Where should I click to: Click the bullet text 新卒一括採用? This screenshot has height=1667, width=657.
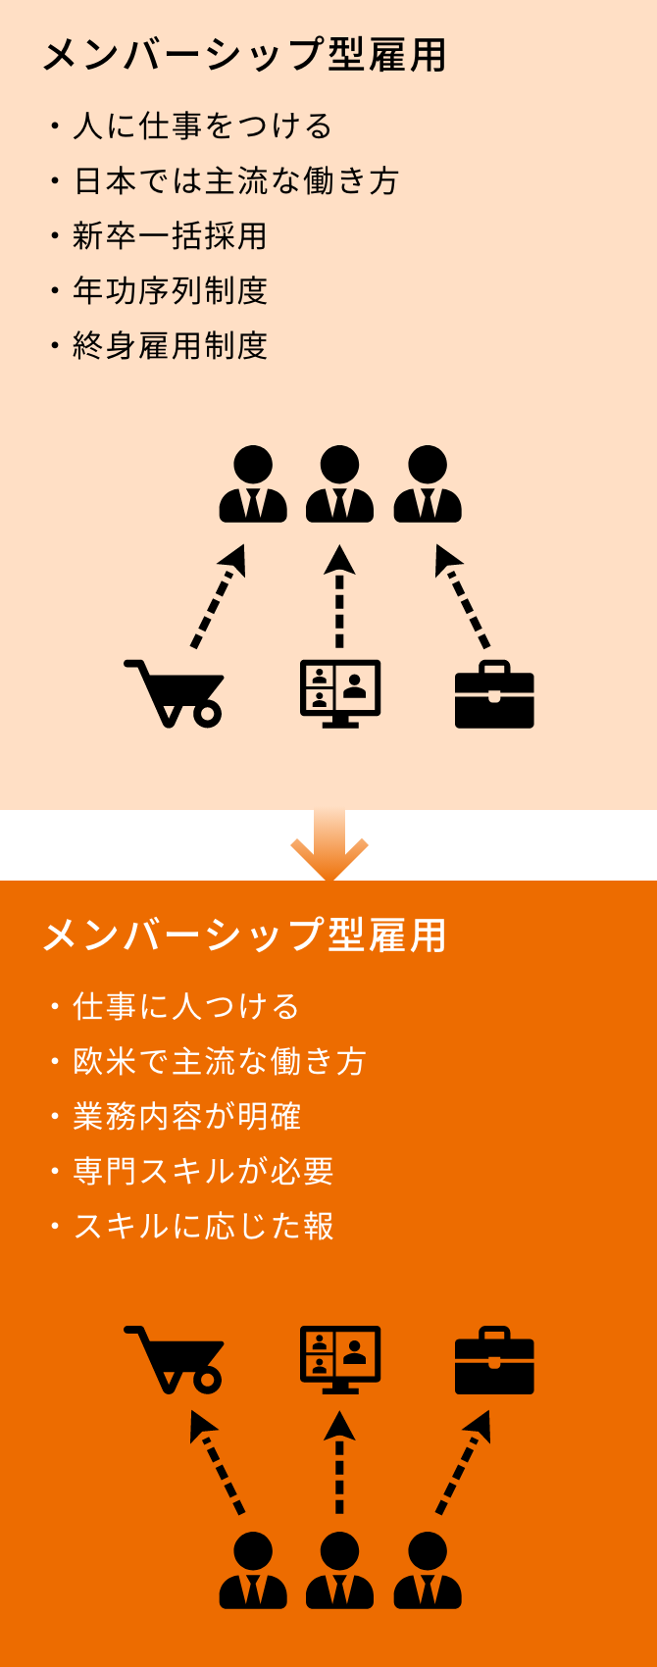[x=170, y=236]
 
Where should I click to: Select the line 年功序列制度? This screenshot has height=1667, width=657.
[x=170, y=291]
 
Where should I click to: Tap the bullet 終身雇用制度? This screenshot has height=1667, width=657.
[x=170, y=346]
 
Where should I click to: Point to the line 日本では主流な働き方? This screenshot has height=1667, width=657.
[x=235, y=181]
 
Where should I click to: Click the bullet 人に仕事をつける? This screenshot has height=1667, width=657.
[x=202, y=126]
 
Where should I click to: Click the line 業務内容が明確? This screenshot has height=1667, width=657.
[x=186, y=1117]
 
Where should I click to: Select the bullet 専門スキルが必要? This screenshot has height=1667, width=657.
[x=203, y=1172]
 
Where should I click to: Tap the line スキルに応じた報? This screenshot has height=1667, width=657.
[x=203, y=1227]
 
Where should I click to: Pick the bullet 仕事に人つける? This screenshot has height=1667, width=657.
[x=186, y=1007]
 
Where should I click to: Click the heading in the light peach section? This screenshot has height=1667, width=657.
[x=244, y=56]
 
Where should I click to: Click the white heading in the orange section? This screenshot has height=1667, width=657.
[x=244, y=936]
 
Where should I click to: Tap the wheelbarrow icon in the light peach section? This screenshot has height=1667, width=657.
[x=175, y=693]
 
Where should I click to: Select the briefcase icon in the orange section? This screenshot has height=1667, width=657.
[x=494, y=1361]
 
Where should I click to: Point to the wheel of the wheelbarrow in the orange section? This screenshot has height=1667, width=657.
[x=207, y=1379]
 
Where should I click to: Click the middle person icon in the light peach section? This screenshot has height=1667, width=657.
[x=339, y=484]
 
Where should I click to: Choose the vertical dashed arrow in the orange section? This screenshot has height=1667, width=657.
[x=339, y=1462]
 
